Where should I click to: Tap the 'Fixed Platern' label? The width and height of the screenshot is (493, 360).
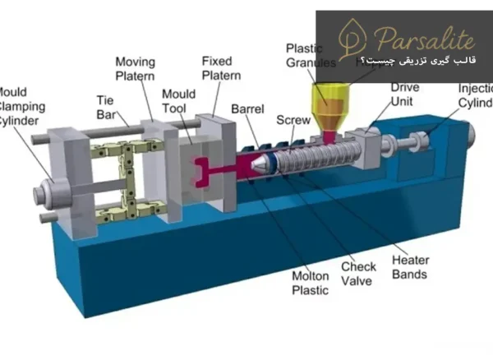(x=221, y=67)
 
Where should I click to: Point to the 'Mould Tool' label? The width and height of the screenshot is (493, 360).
(x=178, y=100)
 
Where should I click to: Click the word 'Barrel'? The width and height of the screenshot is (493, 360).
(x=247, y=108)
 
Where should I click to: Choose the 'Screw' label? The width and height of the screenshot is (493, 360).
(x=293, y=120)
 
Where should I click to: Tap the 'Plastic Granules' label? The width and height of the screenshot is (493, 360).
(x=305, y=54)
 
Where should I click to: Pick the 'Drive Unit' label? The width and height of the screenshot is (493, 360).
(x=404, y=92)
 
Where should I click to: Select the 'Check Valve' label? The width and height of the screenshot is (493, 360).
(x=358, y=273)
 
